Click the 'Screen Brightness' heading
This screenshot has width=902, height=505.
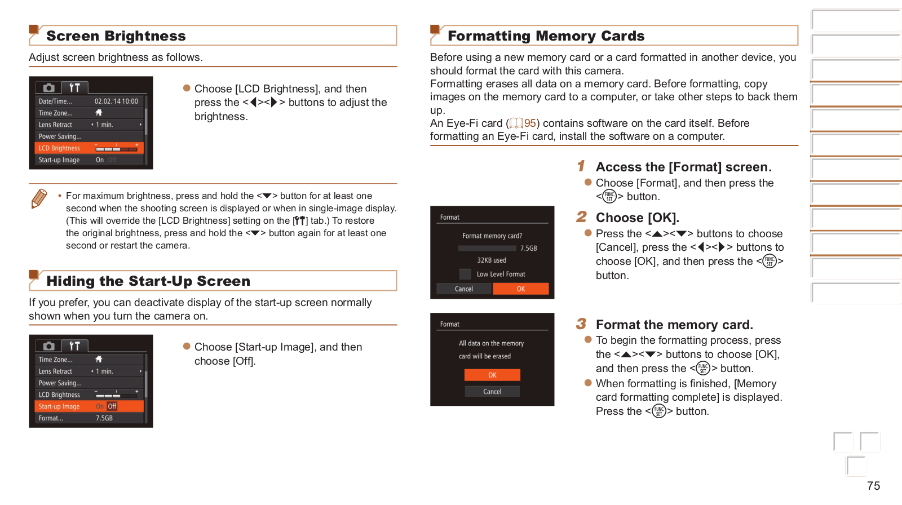coord(116,36)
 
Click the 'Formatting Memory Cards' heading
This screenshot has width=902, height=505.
coord(546,36)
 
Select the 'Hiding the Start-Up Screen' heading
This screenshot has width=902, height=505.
coord(148,281)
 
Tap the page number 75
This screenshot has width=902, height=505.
coord(873,486)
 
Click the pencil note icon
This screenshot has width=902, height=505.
coord(39,198)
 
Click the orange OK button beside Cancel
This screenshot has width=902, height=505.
coord(520,289)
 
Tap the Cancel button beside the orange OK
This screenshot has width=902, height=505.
coord(464,289)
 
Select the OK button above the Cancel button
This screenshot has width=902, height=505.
coord(492,375)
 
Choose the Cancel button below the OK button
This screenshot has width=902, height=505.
coord(492,391)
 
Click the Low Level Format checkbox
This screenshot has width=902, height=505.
coord(465,274)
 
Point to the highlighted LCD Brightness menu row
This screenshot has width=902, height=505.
coord(89,148)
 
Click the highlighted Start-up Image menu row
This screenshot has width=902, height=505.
coord(89,406)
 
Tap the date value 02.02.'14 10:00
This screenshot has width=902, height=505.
coord(116,101)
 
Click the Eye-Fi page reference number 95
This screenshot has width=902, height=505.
coord(530,123)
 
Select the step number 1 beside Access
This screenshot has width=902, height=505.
coord(581,166)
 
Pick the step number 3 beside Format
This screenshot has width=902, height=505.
coord(581,324)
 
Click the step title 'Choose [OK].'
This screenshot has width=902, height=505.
coord(637,218)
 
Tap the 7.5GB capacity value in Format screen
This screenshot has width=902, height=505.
coord(528,249)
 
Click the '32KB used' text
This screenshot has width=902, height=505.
coord(492,260)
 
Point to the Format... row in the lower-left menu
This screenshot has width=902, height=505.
coord(89,418)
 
